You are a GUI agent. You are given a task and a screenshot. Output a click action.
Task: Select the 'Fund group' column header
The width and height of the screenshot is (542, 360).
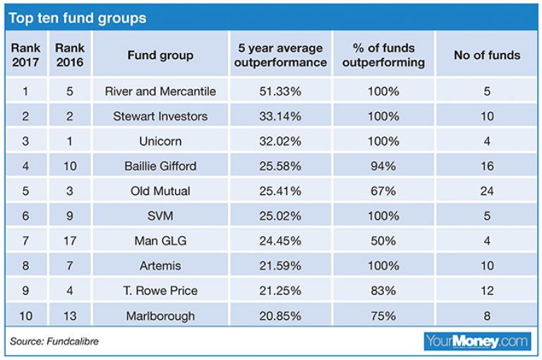point(160,55)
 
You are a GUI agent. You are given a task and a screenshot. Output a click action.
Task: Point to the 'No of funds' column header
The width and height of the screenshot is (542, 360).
point(487,55)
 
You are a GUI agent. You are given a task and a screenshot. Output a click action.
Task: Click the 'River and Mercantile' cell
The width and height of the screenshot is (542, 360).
point(160,91)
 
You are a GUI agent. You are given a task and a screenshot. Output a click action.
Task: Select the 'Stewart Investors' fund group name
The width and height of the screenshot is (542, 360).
point(160,116)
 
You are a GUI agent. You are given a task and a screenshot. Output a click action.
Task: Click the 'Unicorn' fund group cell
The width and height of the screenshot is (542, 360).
point(160,141)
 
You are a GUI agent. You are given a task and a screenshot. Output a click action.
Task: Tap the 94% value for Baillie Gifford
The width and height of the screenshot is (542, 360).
point(384,166)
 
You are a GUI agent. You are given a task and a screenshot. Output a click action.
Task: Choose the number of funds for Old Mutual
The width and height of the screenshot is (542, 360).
point(487,191)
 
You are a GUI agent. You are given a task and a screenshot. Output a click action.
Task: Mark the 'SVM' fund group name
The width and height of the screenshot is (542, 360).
point(160,216)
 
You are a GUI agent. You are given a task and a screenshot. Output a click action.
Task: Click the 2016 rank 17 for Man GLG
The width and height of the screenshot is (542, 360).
point(69,241)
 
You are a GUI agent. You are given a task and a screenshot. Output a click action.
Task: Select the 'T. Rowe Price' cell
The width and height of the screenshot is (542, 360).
point(160,291)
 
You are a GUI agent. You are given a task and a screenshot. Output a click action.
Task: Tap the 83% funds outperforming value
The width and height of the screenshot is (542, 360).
point(384,291)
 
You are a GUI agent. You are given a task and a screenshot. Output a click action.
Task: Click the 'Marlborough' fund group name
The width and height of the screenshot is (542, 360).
point(160,316)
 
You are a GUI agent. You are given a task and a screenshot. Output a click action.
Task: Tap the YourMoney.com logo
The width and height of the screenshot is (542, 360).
point(477,342)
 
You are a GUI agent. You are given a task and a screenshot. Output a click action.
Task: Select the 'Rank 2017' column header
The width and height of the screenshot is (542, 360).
point(26,55)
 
